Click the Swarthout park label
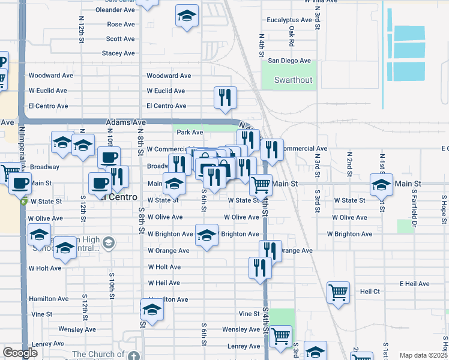[293, 80]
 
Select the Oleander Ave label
[117, 10]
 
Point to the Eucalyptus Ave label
[289, 20]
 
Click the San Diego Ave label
[289, 61]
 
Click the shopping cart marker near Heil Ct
[338, 293]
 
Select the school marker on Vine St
[152, 310]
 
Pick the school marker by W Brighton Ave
[206, 235]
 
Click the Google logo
[20, 353]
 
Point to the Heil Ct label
[370, 291]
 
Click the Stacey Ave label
[118, 53]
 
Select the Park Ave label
[190, 132]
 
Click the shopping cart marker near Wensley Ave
[280, 336]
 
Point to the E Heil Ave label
[414, 284]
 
